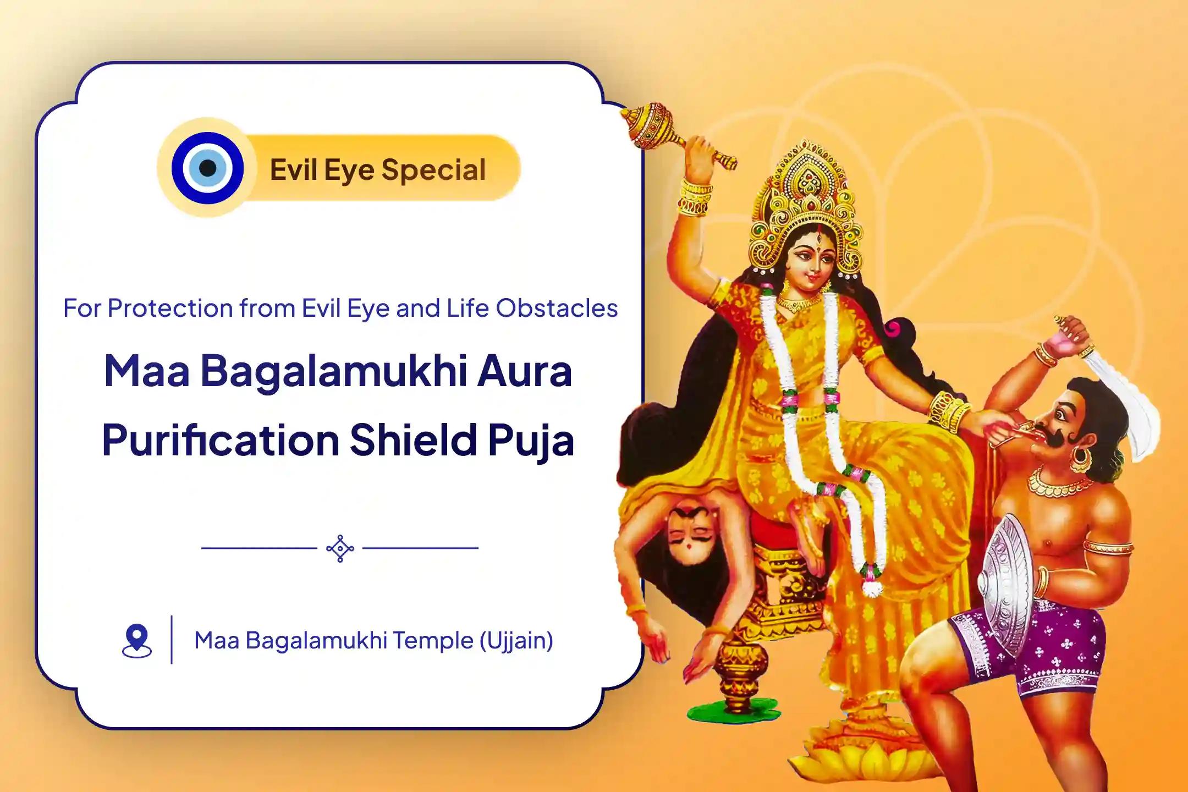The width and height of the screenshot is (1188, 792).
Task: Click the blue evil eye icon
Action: tap(207, 167)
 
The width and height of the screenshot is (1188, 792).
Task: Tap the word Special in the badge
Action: tap(433, 170)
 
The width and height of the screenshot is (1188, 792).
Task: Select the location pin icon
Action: tap(136, 641)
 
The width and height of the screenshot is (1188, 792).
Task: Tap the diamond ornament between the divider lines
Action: tap(340, 548)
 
